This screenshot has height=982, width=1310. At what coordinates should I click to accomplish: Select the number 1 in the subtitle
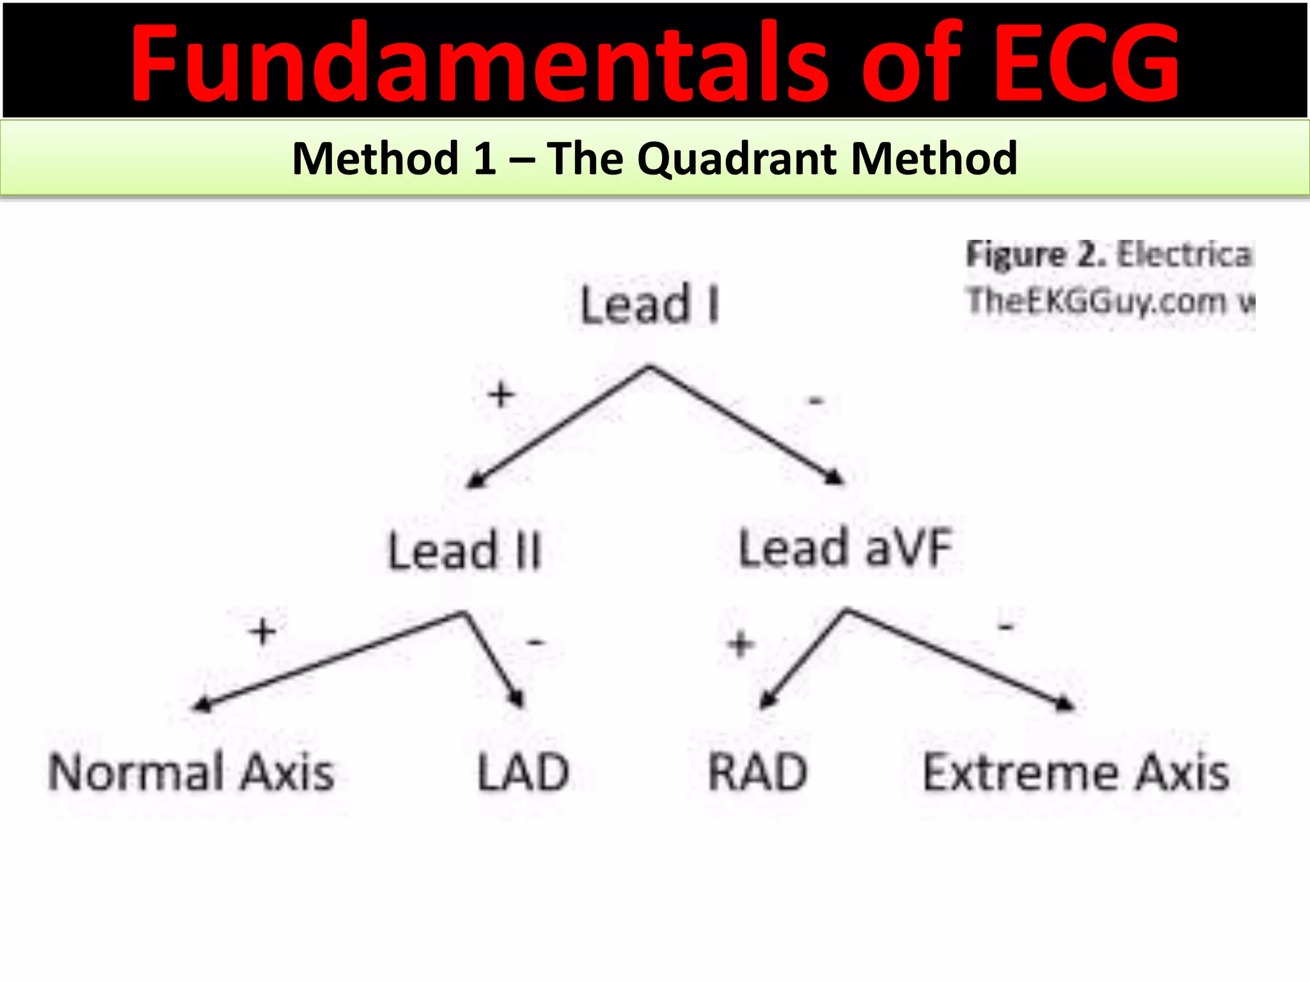(484, 158)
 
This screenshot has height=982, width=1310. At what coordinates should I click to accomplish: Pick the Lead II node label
(465, 550)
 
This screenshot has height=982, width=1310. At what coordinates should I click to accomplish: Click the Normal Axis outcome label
(191, 773)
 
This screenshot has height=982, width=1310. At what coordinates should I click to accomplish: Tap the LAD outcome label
(523, 773)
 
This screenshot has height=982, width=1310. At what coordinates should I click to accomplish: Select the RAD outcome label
(758, 773)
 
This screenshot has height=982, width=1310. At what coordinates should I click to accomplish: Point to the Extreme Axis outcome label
(1076, 773)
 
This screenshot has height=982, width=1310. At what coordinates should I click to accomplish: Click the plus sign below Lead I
(501, 394)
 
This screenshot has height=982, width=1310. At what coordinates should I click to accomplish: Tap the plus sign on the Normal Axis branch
(263, 632)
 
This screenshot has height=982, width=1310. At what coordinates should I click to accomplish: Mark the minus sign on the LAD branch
(535, 641)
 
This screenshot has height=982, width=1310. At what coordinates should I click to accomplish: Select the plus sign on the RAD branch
(741, 644)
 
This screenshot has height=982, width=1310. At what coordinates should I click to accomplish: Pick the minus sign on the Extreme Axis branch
(1006, 628)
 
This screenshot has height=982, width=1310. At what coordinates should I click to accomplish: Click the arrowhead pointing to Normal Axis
(201, 705)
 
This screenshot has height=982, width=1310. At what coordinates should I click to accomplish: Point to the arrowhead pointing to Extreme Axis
(1065, 704)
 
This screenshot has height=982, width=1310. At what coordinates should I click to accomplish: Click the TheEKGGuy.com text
(1096, 300)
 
